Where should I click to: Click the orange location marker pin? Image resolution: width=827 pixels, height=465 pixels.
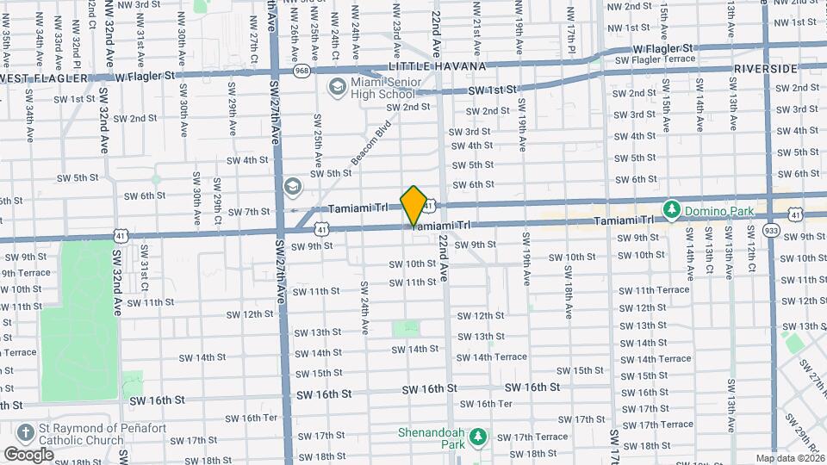pyautogui.click(x=414, y=206)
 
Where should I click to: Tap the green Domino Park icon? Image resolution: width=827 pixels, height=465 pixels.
pyautogui.click(x=670, y=210)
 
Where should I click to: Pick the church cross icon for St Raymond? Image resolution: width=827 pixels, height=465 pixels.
pyautogui.click(x=27, y=433)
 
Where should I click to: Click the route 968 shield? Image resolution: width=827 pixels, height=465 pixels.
pyautogui.click(x=302, y=70)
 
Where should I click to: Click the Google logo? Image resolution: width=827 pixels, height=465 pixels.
pyautogui.click(x=29, y=454)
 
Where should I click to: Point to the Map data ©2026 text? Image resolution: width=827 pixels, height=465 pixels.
pyautogui.click(x=791, y=458)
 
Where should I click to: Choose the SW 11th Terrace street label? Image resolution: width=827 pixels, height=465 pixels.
pyautogui.click(x=660, y=290)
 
